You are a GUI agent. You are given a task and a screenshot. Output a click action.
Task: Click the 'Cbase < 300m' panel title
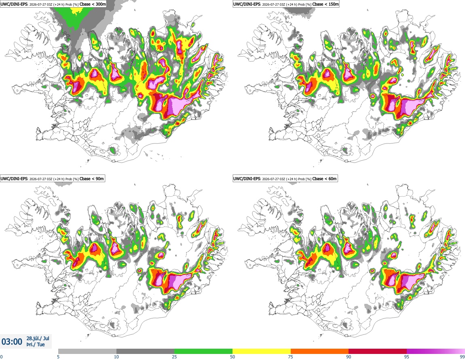tap(93, 4)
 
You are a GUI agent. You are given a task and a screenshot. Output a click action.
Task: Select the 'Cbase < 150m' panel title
tap(325, 4)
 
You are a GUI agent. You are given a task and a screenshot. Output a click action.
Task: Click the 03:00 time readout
tap(12, 342)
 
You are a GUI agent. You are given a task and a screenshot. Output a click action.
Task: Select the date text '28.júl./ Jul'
tap(38, 338)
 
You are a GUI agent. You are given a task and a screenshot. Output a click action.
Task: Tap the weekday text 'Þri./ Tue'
tap(36, 345)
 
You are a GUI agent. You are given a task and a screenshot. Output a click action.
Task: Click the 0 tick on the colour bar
tap(1, 357)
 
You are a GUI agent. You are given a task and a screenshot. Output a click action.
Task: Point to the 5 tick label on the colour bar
tap(58, 357)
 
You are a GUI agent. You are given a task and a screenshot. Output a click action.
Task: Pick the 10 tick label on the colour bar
tap(116, 357)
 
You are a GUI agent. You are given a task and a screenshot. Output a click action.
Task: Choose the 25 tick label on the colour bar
tap(174, 357)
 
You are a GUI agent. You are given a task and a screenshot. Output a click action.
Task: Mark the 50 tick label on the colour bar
tap(232, 357)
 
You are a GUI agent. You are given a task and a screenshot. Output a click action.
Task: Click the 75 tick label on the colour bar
tap(291, 357)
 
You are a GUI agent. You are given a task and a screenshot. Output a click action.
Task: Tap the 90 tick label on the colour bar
tap(349, 357)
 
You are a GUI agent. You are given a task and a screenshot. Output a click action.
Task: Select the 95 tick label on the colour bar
tap(407, 357)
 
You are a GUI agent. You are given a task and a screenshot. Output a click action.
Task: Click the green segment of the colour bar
tap(203, 352)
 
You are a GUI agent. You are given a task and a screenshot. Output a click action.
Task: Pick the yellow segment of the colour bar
tap(262, 352)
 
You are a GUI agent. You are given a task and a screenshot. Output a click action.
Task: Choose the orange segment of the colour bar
tap(320, 352)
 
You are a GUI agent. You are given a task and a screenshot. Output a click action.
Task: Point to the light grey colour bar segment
tap(87, 352)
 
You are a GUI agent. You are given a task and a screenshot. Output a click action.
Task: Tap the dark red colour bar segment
tap(378, 352)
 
